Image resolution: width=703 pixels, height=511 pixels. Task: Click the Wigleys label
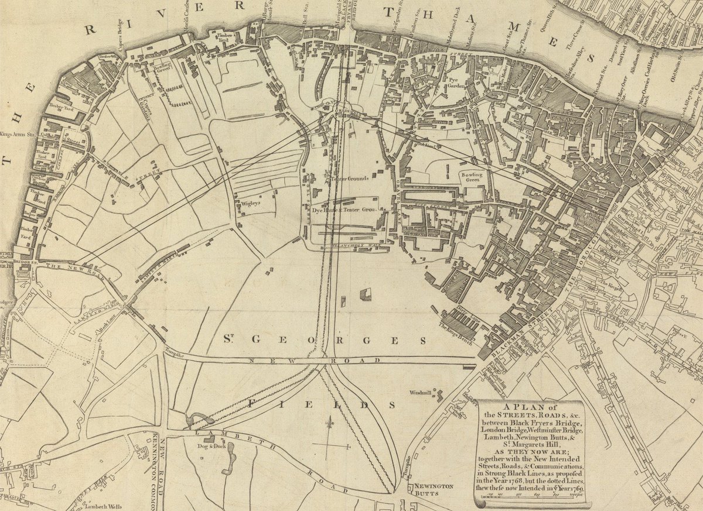click(250, 204)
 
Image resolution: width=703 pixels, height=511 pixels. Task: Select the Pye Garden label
click(458, 83)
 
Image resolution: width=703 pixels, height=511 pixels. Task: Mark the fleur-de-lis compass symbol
click(332, 426)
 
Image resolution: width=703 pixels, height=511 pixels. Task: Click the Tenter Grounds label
click(349, 179)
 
